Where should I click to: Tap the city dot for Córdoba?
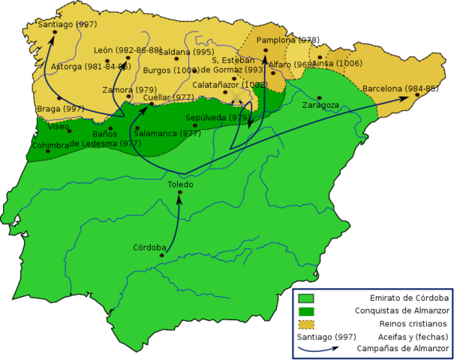(161, 256)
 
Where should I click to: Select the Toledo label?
(180, 184)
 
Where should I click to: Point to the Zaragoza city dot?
(320, 97)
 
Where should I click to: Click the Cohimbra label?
(50, 145)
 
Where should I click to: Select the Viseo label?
(59, 127)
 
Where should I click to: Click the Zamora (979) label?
(129, 90)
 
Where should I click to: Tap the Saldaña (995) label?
(185, 52)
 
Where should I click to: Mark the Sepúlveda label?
(218, 118)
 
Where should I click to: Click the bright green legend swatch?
(305, 298)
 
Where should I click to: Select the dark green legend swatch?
(305, 311)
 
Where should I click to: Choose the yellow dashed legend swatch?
(305, 325)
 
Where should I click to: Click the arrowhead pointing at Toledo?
(179, 196)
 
